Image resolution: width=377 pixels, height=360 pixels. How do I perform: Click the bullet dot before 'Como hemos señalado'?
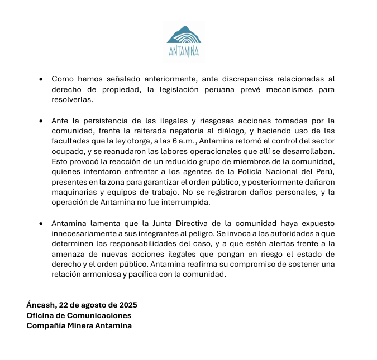tap(41, 80)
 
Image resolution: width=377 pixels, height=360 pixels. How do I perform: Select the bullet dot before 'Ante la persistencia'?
tap(41, 121)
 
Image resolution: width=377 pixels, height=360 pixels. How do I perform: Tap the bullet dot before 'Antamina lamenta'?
tap(41, 224)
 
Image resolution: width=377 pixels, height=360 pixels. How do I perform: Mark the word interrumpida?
tap(182, 203)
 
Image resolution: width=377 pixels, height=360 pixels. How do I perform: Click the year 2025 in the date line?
tap(127, 305)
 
